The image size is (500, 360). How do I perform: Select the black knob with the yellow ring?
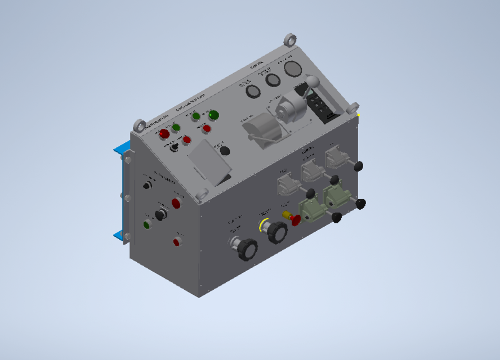point(276,232)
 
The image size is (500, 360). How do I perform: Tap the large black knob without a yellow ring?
point(247,249)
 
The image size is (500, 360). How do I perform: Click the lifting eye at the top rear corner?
point(290,40)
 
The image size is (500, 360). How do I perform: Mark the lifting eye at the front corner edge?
point(139,125)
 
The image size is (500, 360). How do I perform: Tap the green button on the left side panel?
point(147,224)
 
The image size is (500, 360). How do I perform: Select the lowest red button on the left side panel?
point(177,242)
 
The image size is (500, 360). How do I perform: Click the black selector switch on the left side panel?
point(162,214)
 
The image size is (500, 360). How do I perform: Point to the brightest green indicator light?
point(213,115)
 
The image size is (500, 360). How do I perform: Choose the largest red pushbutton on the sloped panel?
point(164,134)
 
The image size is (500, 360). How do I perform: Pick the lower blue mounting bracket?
point(119,236)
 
